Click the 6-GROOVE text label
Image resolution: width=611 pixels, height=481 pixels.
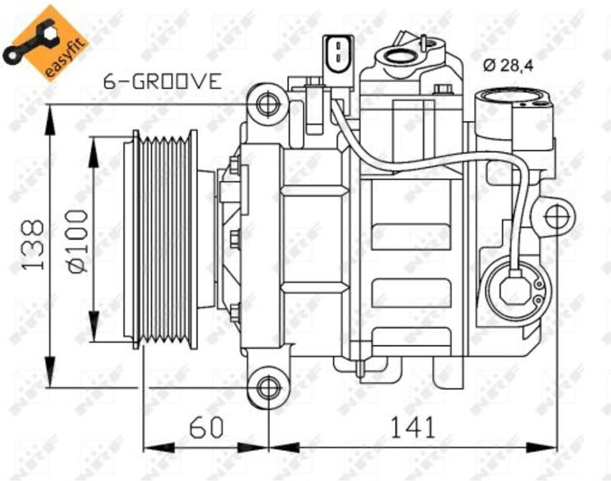162,82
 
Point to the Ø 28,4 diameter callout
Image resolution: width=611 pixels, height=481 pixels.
508,66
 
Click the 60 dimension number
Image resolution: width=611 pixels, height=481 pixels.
206,427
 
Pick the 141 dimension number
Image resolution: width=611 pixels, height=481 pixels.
413,427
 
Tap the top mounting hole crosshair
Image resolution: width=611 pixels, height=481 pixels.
268,104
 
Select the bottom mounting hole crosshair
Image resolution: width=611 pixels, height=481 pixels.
267,387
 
